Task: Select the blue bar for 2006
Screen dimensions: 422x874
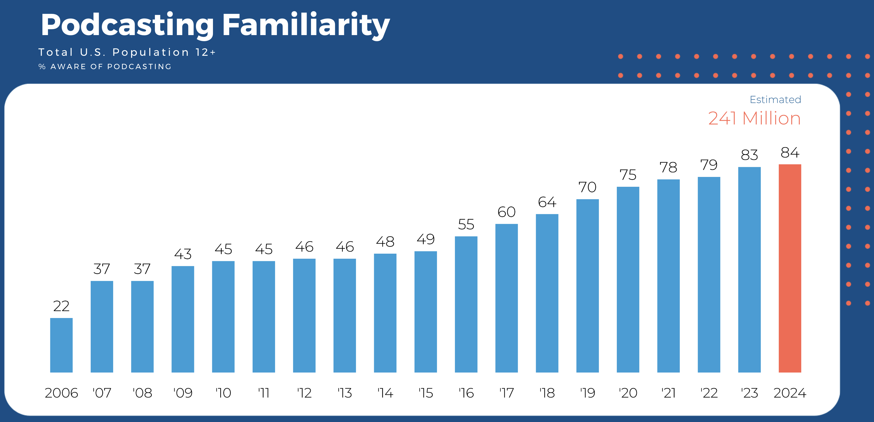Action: (61, 345)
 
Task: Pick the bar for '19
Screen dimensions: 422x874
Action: (587, 285)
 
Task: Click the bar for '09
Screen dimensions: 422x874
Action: (183, 319)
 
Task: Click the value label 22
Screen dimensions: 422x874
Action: (61, 306)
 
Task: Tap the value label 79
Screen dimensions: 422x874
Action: (709, 165)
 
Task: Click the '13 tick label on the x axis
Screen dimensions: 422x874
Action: (345, 393)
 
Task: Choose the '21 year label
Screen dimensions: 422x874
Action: (668, 393)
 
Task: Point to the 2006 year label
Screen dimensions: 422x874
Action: (61, 393)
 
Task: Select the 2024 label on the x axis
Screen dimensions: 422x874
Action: (790, 393)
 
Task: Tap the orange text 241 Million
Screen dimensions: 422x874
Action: (754, 118)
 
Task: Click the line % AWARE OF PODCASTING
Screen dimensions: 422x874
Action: (105, 66)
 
